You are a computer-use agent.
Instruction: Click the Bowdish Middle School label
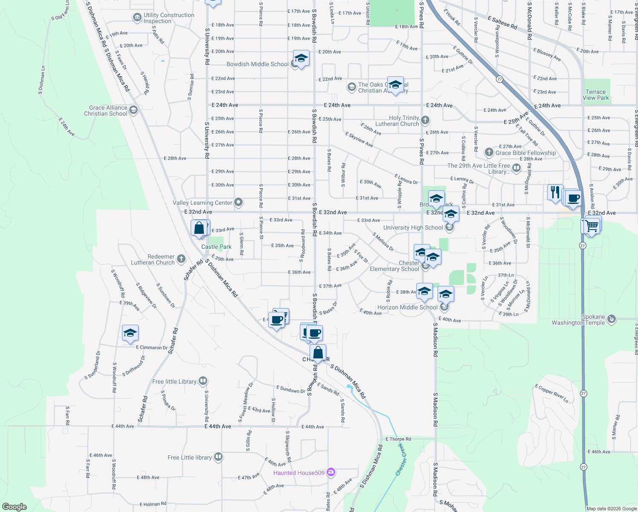pyautogui.click(x=257, y=64)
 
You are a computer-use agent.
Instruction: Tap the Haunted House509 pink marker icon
pyautogui.click(x=331, y=472)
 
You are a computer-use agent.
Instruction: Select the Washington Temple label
pyautogui.click(x=578, y=320)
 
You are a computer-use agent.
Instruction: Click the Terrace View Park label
pyautogui.click(x=596, y=95)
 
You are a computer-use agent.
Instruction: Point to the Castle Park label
pyautogui.click(x=216, y=247)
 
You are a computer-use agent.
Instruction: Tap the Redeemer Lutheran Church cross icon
pyautogui.click(x=181, y=259)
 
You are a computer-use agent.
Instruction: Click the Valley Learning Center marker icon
pyautogui.click(x=238, y=203)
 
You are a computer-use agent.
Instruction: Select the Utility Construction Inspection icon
pyautogui.click(x=137, y=17)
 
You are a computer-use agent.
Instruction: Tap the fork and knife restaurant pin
pyautogui.click(x=555, y=192)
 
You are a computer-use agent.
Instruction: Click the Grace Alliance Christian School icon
pyautogui.click(x=133, y=111)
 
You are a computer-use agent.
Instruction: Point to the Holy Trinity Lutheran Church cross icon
pyautogui.click(x=425, y=120)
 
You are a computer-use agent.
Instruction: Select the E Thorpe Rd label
pyautogui.click(x=398, y=439)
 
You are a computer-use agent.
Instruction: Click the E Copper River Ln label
pyautogui.click(x=552, y=393)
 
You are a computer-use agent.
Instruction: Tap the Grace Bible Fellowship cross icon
pyautogui.click(x=489, y=152)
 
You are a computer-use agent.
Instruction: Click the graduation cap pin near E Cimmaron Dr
pyautogui.click(x=130, y=333)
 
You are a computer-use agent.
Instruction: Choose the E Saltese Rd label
pyautogui.click(x=502, y=23)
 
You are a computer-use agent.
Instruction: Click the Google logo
pyautogui.click(x=14, y=507)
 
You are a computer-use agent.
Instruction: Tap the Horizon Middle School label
pyautogui.click(x=407, y=307)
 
